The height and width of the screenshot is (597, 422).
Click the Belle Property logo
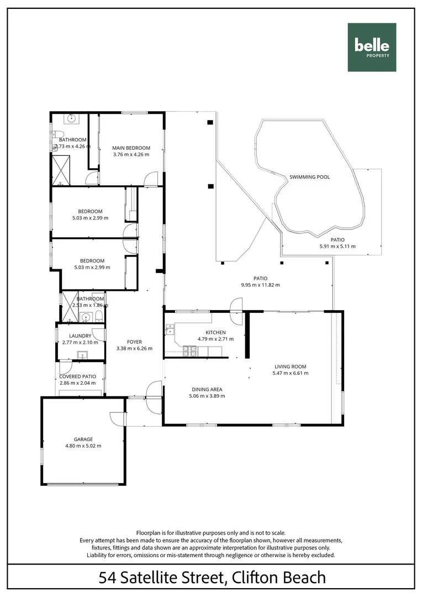(372, 48)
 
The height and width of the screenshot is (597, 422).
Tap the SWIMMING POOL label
(309, 177)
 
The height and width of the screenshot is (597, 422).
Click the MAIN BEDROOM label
(131, 148)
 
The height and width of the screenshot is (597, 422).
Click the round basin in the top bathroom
(71, 118)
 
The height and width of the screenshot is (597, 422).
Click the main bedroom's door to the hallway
(149, 179)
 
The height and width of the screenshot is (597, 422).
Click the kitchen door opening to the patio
(236, 305)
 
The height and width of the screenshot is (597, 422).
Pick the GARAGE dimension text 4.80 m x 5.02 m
(83, 446)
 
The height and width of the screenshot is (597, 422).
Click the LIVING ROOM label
(290, 366)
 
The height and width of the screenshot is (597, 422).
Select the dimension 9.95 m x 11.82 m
(260, 285)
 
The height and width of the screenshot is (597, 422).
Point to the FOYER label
(134, 342)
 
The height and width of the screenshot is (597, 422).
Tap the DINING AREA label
(207, 389)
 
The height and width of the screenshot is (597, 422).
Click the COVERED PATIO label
(77, 376)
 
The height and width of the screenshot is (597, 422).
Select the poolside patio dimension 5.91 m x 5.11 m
(337, 247)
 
